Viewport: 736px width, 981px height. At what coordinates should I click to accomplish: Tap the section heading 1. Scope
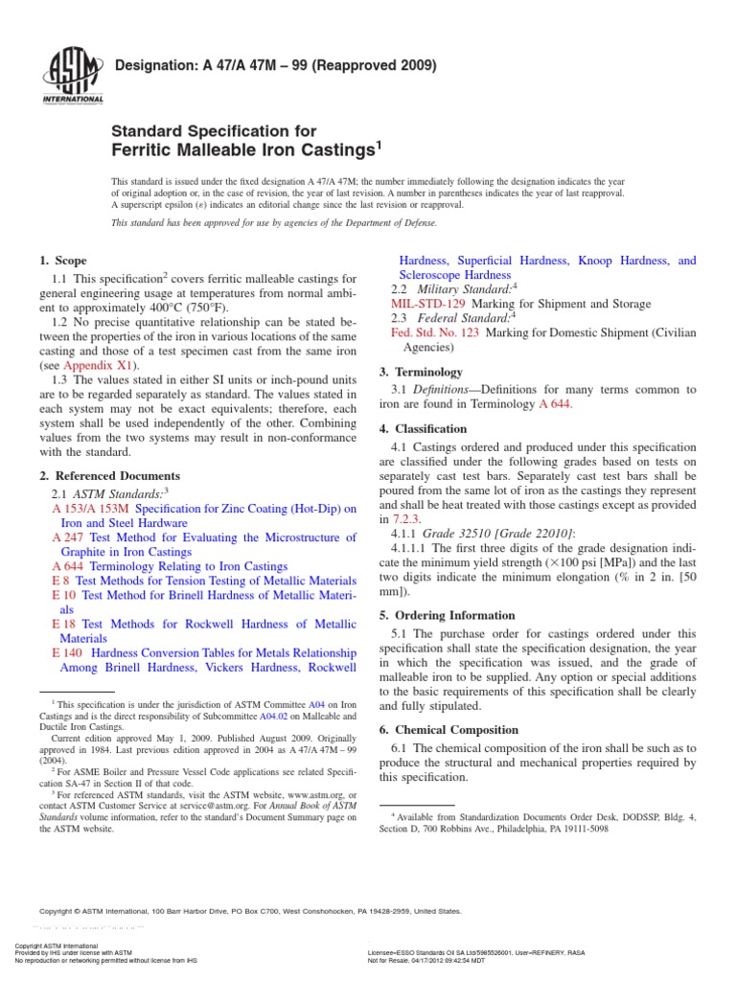coord(62,261)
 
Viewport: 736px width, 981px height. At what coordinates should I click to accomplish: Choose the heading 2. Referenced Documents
coord(109,475)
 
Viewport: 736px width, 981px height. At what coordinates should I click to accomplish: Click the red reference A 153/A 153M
coord(96,509)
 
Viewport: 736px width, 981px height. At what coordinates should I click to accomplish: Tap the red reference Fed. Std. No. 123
coord(435,331)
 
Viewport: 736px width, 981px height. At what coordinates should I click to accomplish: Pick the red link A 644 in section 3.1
coord(556,404)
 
